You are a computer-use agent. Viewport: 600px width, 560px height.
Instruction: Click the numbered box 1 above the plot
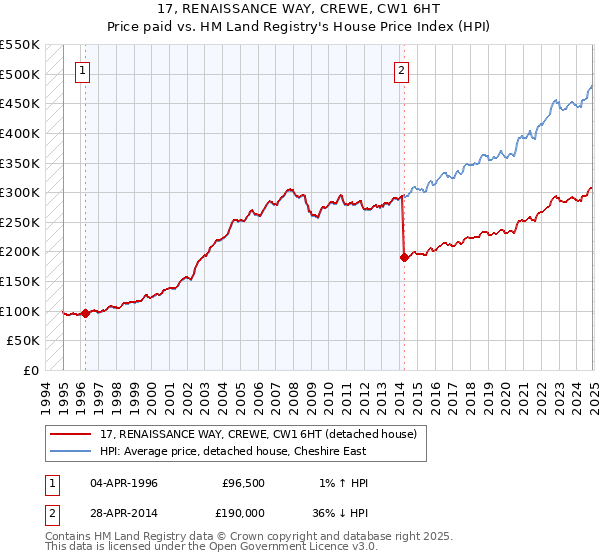[x=82, y=70]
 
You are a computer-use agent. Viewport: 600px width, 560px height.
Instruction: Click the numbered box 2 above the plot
[x=401, y=70]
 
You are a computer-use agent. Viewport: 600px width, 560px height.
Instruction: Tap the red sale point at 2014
[x=404, y=257]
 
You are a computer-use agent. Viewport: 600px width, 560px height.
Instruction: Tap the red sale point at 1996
[x=85, y=313]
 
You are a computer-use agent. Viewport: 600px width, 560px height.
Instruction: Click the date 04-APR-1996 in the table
[x=124, y=483]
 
